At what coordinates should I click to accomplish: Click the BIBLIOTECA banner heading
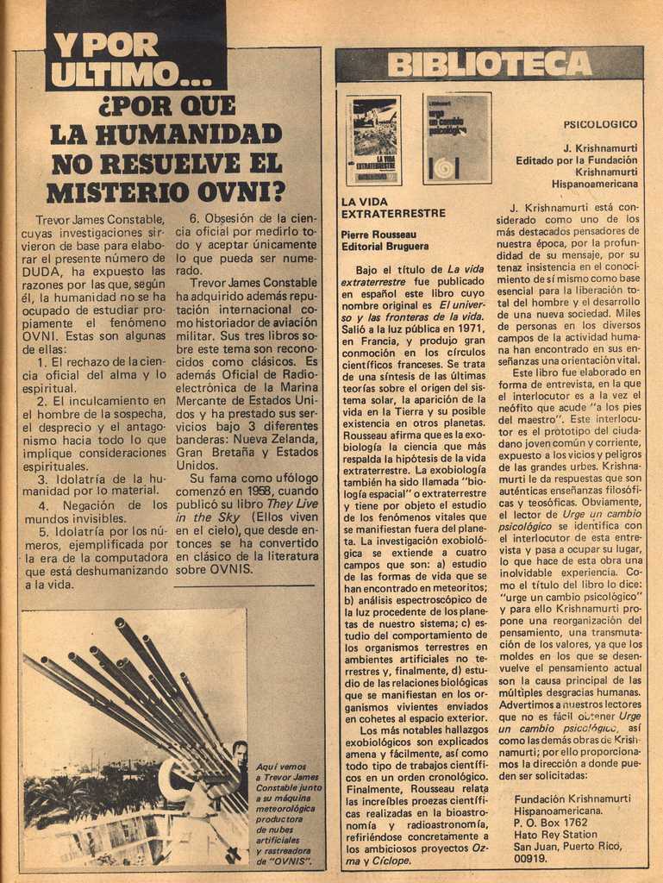(489, 64)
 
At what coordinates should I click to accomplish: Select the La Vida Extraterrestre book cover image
(374, 140)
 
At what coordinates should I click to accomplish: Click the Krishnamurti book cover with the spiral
(457, 138)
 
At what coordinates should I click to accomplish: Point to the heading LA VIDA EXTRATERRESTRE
(393, 207)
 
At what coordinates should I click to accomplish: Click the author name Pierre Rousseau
(378, 234)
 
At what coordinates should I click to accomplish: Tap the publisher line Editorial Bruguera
(385, 246)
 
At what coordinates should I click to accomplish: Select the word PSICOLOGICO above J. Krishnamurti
(600, 124)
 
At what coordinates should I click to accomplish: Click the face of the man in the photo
(240, 755)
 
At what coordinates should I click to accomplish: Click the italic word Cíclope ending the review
(386, 861)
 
